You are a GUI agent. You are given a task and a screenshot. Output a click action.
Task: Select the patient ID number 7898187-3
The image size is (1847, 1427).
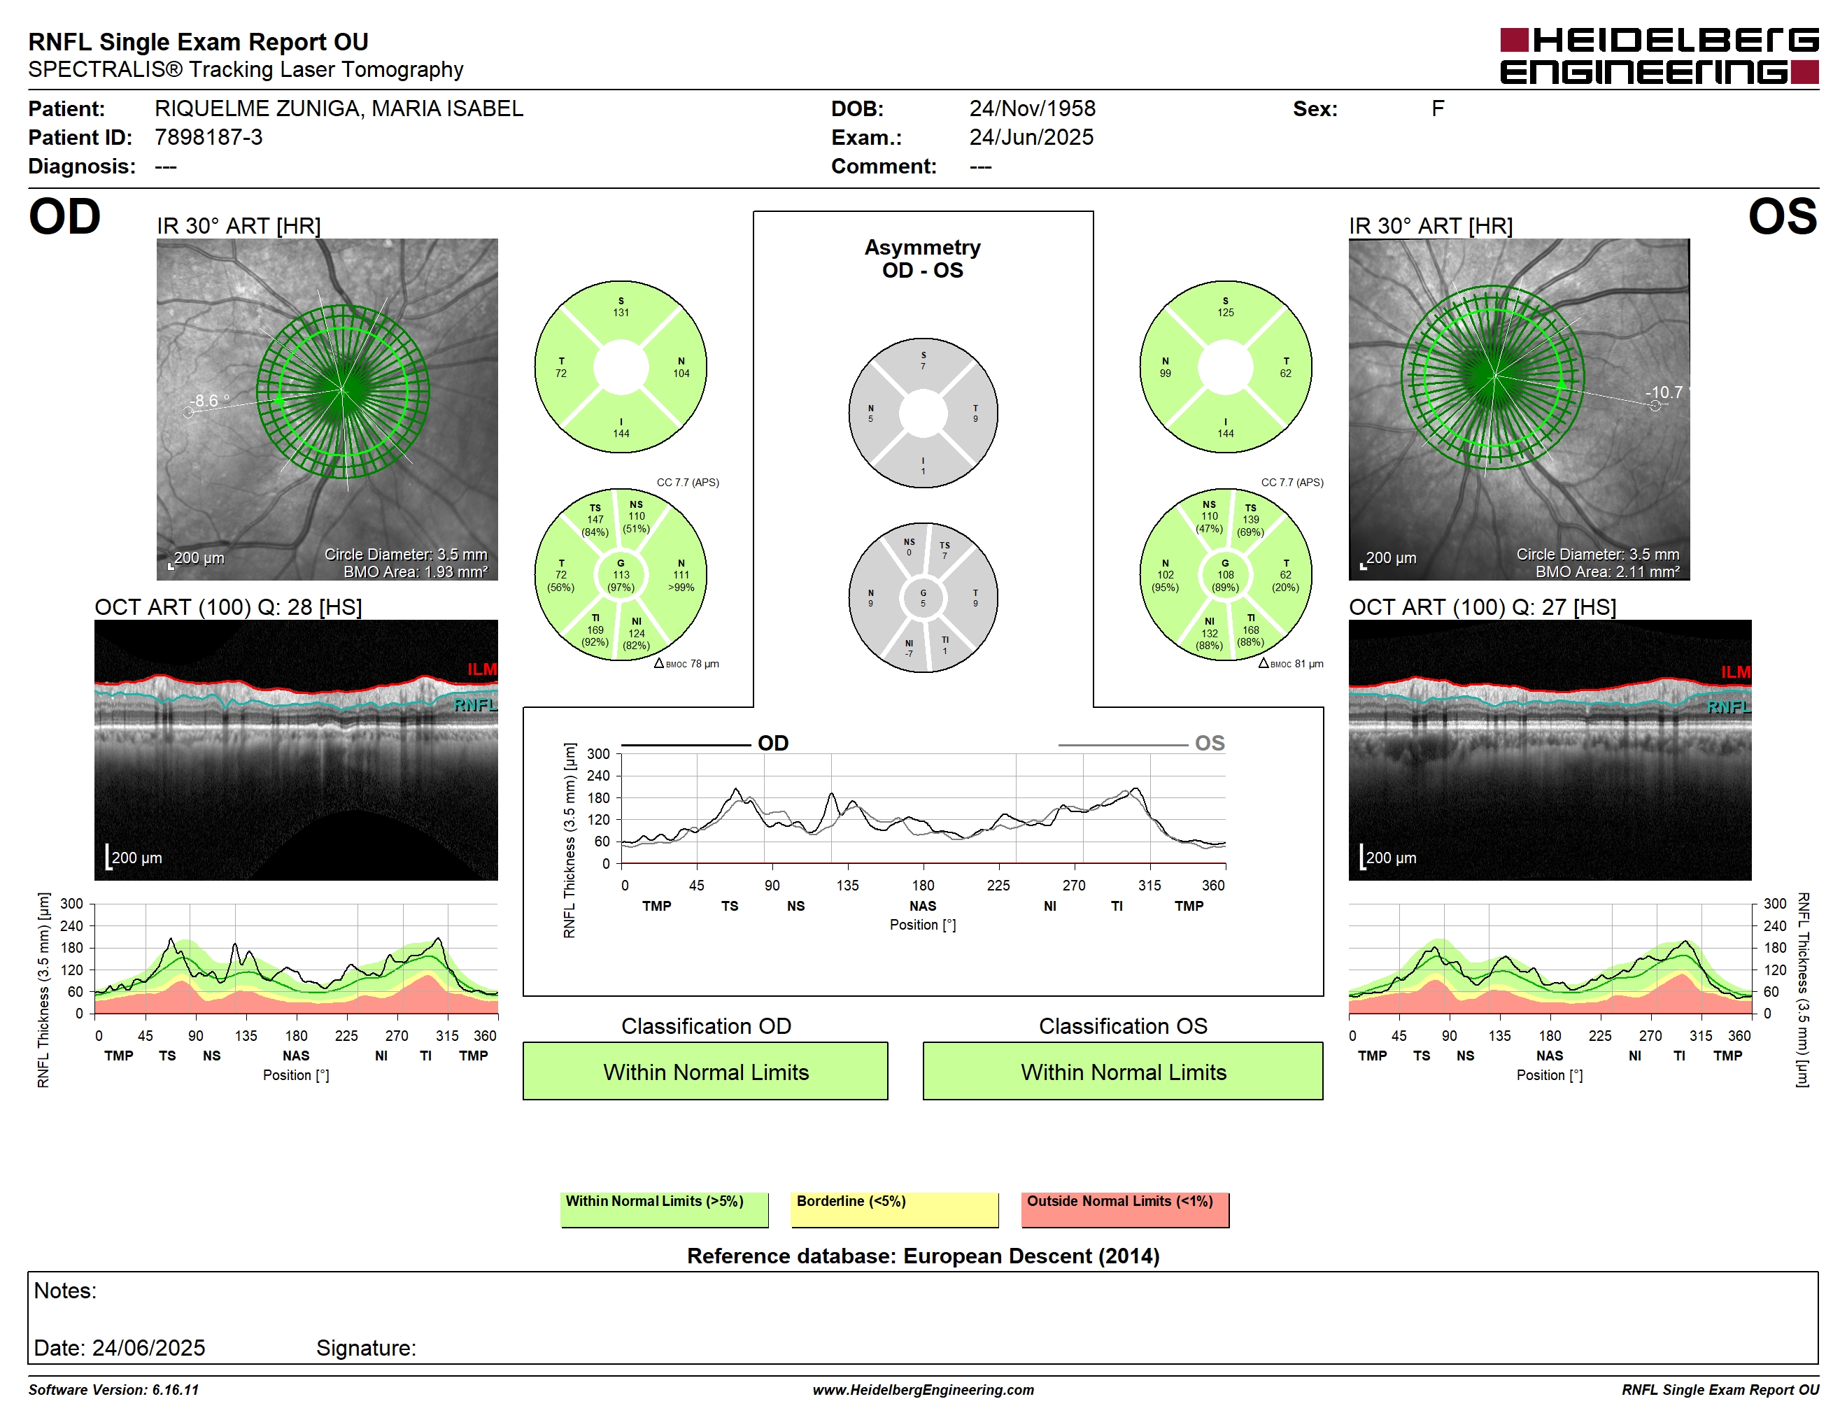(208, 137)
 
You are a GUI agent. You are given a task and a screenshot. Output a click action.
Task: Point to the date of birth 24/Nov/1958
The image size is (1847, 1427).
(1032, 108)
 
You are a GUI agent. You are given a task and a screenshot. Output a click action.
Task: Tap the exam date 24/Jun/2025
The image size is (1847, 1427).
(1031, 137)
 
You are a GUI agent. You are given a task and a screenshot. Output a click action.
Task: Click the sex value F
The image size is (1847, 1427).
(1438, 108)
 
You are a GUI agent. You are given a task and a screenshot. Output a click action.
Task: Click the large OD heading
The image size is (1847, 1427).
(64, 218)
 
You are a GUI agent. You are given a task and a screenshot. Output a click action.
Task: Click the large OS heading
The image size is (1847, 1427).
(1783, 218)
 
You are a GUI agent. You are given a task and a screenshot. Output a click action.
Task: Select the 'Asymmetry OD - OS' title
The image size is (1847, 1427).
(923, 259)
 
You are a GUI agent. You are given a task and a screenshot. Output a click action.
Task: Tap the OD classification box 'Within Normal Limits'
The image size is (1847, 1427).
(705, 1071)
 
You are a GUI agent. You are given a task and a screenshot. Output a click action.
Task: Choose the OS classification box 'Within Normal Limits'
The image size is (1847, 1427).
(1123, 1071)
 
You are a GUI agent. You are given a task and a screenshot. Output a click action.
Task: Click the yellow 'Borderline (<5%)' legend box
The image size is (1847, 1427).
(895, 1209)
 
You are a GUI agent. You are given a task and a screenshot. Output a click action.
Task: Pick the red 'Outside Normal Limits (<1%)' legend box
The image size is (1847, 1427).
(1125, 1209)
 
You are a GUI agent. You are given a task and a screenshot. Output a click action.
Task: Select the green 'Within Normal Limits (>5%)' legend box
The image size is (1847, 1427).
(665, 1209)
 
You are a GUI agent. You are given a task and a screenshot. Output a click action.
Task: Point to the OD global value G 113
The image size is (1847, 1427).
(621, 575)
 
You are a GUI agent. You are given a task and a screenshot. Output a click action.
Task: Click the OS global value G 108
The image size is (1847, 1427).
(1226, 575)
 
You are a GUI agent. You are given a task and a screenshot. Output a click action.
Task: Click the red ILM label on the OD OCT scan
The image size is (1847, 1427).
(482, 669)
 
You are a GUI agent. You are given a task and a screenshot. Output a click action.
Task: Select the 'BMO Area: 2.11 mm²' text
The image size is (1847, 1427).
(1608, 571)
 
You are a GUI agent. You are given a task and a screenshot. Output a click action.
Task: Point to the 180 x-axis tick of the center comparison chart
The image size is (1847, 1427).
(923, 885)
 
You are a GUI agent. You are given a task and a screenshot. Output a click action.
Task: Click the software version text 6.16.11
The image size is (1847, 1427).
(175, 1390)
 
